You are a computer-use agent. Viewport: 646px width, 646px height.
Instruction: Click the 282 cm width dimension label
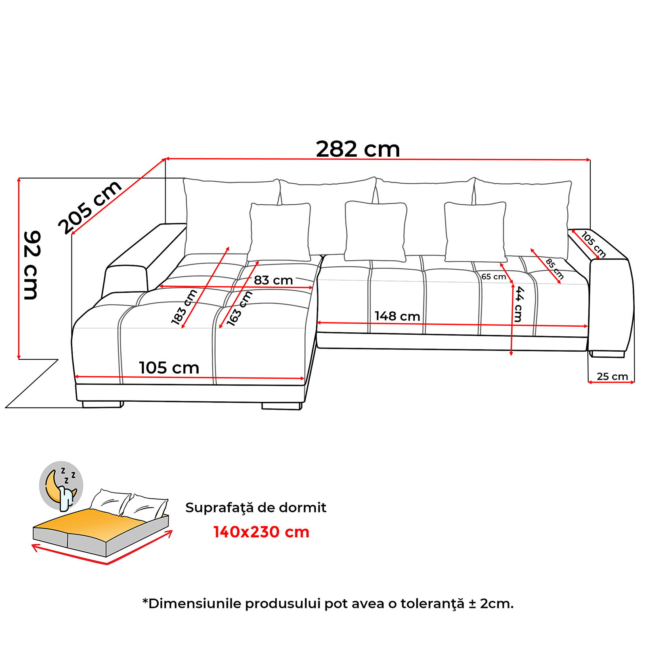coord(358,149)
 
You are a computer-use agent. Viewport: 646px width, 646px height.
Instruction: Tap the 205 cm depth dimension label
coord(90,207)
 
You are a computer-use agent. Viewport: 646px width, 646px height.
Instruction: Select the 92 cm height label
coord(31,265)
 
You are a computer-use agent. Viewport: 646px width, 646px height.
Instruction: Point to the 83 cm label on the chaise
coord(273,280)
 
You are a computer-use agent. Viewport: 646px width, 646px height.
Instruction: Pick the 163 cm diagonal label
coord(239,308)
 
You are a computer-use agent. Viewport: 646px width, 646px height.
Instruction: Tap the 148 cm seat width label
coord(397,316)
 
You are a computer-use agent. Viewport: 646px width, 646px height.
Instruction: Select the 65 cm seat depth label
coord(493,277)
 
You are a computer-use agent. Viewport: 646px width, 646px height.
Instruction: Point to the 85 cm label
coord(555,269)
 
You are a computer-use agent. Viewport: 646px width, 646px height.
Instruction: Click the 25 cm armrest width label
coord(612,376)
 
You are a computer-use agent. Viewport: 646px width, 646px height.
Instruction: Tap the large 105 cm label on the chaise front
coord(169,368)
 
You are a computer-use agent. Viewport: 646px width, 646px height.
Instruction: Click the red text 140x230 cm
coord(261,532)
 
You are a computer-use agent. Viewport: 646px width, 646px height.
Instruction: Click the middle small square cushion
coord(375,231)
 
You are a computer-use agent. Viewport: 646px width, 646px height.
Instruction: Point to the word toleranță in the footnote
coord(432,604)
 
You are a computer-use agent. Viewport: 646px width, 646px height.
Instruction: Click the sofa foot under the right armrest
coord(607,354)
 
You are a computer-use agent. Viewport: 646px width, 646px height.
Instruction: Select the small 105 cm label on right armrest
coord(593,244)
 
